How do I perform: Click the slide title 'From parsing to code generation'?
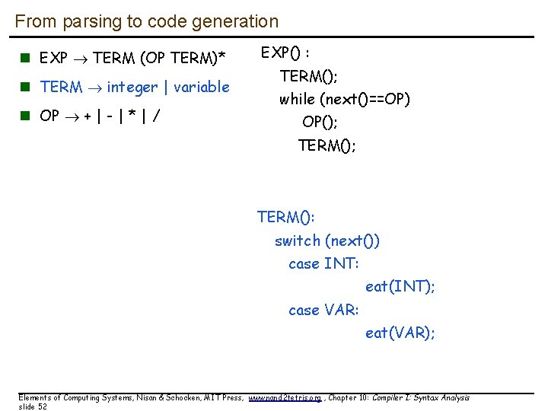click(146, 22)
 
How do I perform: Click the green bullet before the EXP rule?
click(25, 58)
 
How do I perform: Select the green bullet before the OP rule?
click(25, 116)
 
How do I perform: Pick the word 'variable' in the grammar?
click(202, 88)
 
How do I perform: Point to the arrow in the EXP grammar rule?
click(82, 58)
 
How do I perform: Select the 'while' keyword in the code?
click(298, 100)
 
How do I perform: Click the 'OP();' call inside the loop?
click(320, 123)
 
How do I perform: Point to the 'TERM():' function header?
click(286, 218)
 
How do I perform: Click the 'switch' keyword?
click(298, 241)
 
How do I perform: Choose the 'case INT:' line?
click(323, 264)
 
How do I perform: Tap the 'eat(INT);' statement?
click(400, 287)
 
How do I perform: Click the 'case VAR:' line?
click(323, 311)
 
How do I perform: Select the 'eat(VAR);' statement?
click(400, 333)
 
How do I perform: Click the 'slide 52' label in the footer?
click(33, 406)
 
